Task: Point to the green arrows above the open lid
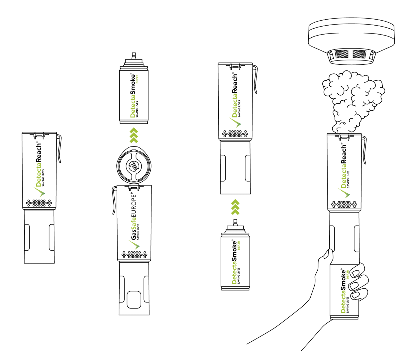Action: pos(134,135)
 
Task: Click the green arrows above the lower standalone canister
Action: pos(235,207)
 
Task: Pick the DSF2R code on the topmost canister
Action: pos(137,79)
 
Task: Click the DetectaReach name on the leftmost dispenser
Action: pos(39,165)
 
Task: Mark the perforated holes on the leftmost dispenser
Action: pos(39,203)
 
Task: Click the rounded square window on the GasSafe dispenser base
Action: pos(134,300)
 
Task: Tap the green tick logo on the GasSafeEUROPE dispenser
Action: pos(135,245)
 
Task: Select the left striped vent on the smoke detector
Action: pos(342,54)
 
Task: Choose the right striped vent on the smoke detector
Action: pos(359,54)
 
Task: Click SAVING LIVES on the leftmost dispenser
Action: pos(43,178)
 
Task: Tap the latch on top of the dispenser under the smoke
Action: pos(344,136)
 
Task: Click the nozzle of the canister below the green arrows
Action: pos(235,222)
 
